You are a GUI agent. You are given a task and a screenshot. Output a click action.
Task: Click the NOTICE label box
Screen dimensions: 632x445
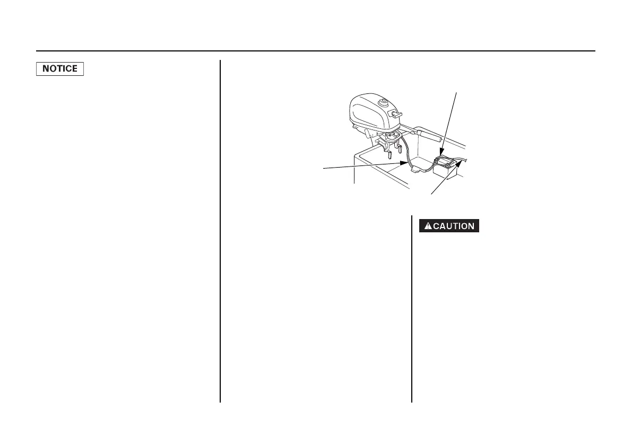(60, 69)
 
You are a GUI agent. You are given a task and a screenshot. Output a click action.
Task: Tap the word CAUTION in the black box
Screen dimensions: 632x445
(454, 226)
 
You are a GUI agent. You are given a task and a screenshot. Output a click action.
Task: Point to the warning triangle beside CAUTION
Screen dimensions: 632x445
(426, 226)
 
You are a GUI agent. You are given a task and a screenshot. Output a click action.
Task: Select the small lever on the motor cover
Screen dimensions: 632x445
(395, 114)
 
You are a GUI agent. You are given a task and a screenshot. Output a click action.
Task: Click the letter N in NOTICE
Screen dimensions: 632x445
(45, 69)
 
